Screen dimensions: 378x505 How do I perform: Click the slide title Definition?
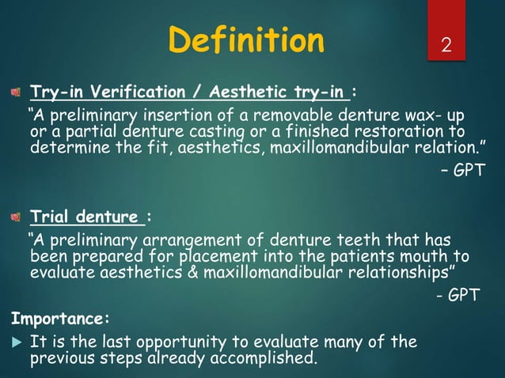(247, 40)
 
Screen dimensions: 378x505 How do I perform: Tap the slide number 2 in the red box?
(448, 45)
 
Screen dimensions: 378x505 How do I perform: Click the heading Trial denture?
(87, 216)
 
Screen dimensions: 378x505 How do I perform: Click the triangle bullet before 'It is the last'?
(14, 342)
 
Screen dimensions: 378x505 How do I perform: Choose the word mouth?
(431, 256)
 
